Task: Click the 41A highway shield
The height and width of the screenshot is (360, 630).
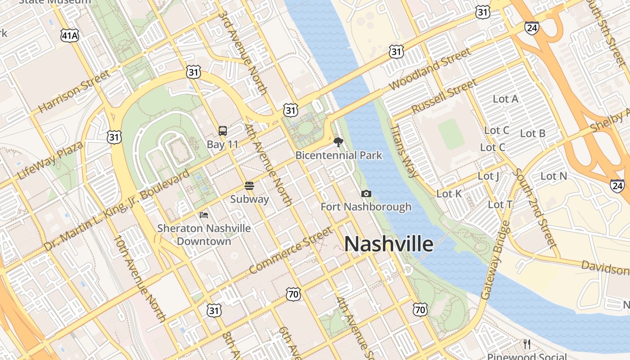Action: pos(70,36)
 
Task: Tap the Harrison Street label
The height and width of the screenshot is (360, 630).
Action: pos(74,91)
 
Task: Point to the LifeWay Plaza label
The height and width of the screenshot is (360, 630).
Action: pos(50,160)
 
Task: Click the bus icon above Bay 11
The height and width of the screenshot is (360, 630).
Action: pos(223,131)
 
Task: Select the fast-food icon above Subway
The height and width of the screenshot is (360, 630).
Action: pos(249,186)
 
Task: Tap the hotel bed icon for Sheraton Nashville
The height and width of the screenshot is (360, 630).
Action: pos(204,215)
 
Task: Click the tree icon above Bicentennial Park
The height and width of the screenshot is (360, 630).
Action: pos(338,143)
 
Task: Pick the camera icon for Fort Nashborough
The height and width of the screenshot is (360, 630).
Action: pos(366,193)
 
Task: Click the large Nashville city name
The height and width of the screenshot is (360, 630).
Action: pos(389,244)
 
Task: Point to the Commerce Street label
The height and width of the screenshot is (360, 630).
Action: pos(291,251)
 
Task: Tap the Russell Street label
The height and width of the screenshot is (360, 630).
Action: pos(444,96)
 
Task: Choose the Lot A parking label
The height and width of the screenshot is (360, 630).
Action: pos(505,99)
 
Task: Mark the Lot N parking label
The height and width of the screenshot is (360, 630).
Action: pos(553,176)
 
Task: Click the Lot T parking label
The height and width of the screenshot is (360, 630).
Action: pos(500,205)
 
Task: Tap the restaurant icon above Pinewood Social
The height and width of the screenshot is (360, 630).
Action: pos(527,344)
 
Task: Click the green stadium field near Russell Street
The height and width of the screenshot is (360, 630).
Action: pos(451,135)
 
